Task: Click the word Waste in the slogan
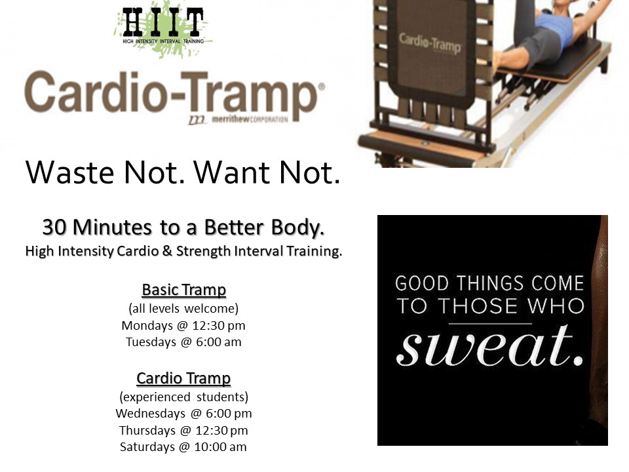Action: pyautogui.click(x=69, y=172)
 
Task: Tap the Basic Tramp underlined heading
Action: pyautogui.click(x=183, y=290)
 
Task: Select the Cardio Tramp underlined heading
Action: pyautogui.click(x=183, y=378)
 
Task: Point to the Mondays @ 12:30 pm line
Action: pyautogui.click(x=183, y=326)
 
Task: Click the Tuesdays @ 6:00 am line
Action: pyautogui.click(x=183, y=342)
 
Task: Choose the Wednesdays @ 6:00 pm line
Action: pyautogui.click(x=183, y=414)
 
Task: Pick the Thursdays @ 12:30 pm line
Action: pyautogui.click(x=183, y=430)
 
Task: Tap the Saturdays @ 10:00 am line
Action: pyautogui.click(x=183, y=446)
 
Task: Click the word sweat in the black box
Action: pyautogui.click(x=490, y=346)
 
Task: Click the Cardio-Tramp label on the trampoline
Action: pyautogui.click(x=430, y=43)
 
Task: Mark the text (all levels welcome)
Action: pyautogui.click(x=183, y=309)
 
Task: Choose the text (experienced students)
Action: pyautogui.click(x=183, y=397)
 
